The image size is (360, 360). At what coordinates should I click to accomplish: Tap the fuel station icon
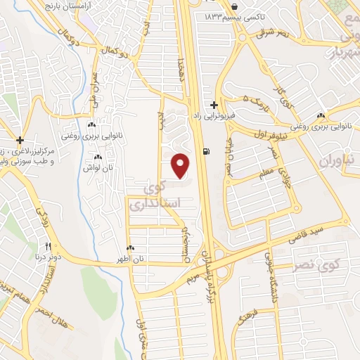pyautogui.click(x=205, y=151)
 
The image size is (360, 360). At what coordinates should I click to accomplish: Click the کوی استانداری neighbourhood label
pyautogui.click(x=162, y=197)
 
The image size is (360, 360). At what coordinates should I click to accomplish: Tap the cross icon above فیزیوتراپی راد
pyautogui.click(x=214, y=104)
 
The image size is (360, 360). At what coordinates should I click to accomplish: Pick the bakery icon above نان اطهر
pyautogui.click(x=131, y=248)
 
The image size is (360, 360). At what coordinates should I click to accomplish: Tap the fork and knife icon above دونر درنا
pyautogui.click(x=49, y=245)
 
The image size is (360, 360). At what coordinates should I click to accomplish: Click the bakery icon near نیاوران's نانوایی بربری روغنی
pyautogui.click(x=321, y=116)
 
